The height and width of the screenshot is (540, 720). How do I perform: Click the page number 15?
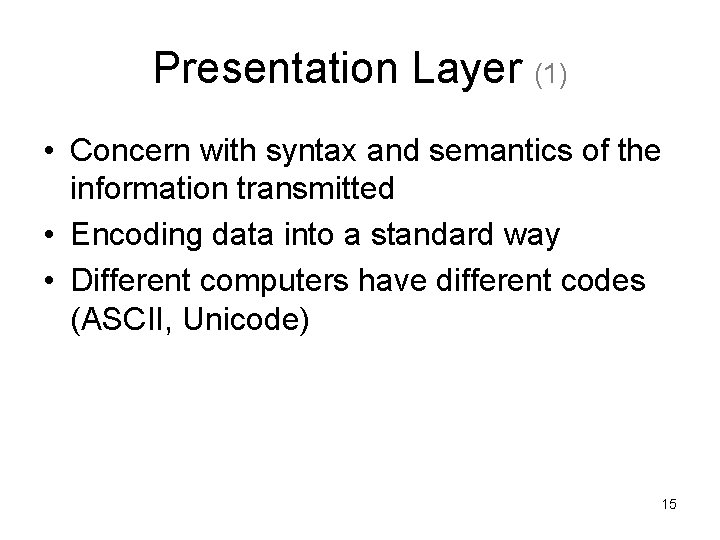pyautogui.click(x=668, y=505)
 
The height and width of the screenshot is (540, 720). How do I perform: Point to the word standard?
pyautogui.click(x=446, y=236)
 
